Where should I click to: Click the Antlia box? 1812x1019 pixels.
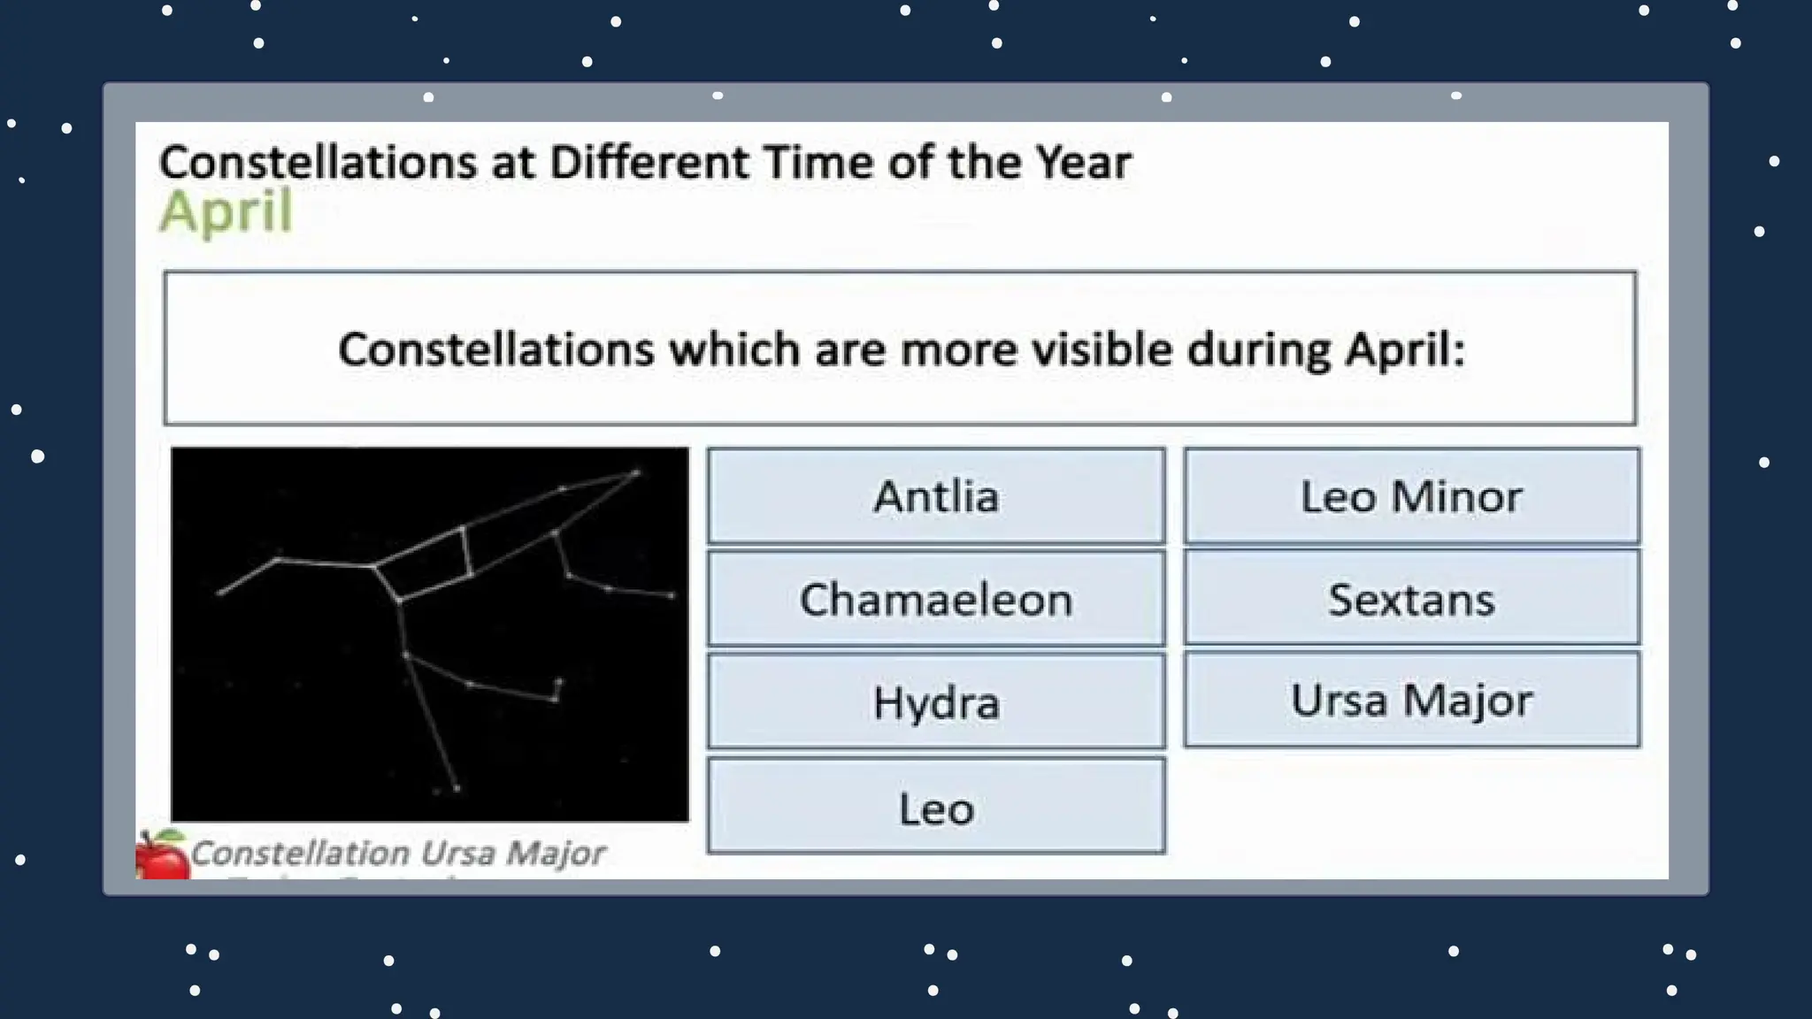(x=936, y=495)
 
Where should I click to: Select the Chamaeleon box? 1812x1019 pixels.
(x=936, y=599)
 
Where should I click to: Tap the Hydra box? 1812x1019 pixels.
(x=936, y=702)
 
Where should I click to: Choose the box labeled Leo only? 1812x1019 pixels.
(x=936, y=808)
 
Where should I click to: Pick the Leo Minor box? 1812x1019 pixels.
(x=1411, y=495)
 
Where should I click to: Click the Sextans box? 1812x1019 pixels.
(x=1411, y=599)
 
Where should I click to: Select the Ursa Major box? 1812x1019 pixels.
(x=1411, y=700)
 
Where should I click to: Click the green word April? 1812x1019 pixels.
(x=226, y=212)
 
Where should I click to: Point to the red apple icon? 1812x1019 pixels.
(x=161, y=855)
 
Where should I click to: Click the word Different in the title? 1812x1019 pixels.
(x=650, y=163)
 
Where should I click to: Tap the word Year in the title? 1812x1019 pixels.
(x=1083, y=163)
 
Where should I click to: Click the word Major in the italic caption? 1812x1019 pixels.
(x=556, y=854)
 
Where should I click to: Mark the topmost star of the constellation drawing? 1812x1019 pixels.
(x=636, y=473)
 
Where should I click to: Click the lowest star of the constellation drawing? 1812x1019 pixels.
(x=457, y=787)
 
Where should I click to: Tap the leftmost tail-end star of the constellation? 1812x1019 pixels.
(x=220, y=593)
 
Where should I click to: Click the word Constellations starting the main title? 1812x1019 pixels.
(x=318, y=163)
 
